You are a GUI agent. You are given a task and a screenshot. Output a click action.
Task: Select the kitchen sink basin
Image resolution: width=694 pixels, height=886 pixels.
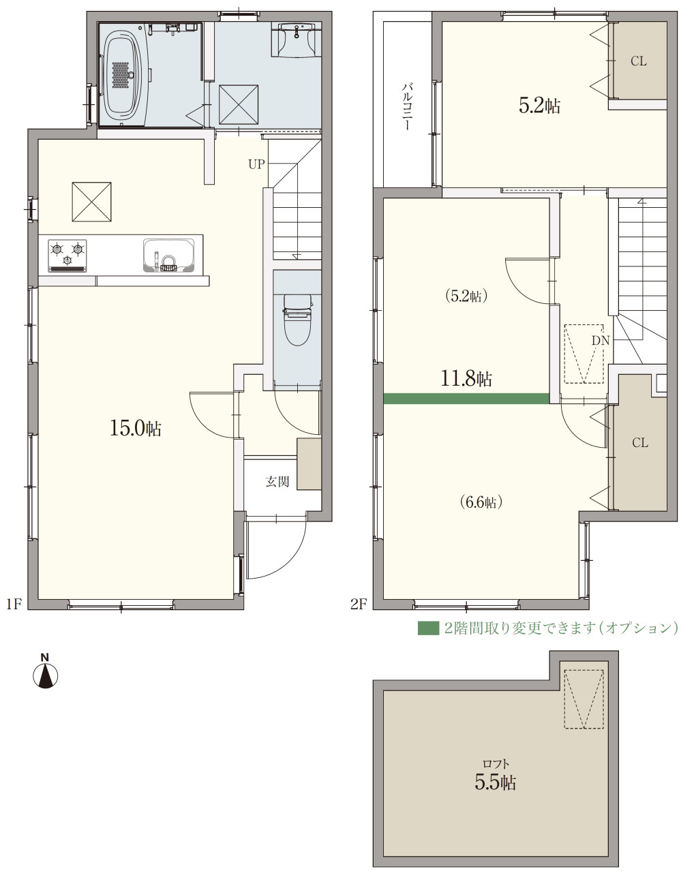(168, 256)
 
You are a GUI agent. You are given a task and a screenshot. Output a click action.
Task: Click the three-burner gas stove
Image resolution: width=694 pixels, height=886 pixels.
(67, 256)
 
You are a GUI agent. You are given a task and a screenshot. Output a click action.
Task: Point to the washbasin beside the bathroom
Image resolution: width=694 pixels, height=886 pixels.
(297, 40)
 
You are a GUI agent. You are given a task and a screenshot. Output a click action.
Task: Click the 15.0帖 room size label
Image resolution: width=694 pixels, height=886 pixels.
(136, 429)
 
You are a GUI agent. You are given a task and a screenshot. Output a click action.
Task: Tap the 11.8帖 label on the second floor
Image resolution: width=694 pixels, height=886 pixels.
(466, 379)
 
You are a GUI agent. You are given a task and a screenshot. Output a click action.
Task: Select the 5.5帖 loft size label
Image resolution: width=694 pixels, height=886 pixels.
(496, 782)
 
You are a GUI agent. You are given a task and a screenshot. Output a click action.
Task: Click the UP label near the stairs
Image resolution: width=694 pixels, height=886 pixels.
(256, 164)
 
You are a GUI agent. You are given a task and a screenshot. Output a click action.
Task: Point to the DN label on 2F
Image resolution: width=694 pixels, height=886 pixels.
(601, 341)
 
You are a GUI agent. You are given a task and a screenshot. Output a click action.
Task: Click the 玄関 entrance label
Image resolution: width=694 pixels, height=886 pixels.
(277, 482)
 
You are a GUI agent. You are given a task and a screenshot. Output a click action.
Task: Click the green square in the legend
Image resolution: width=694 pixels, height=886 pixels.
(428, 628)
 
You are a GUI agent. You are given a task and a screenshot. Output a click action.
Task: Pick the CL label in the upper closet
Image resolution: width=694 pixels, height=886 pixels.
(639, 61)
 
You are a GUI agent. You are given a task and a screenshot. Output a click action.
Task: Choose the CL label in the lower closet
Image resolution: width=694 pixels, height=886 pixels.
(640, 443)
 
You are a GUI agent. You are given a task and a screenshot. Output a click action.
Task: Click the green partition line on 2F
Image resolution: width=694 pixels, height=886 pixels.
(466, 398)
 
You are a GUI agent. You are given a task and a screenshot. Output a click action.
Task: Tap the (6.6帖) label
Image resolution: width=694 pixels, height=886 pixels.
(481, 502)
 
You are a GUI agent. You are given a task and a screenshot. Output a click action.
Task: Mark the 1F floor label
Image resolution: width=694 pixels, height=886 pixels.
(14, 604)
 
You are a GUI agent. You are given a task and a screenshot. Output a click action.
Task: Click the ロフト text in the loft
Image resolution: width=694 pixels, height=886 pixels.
(496, 763)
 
